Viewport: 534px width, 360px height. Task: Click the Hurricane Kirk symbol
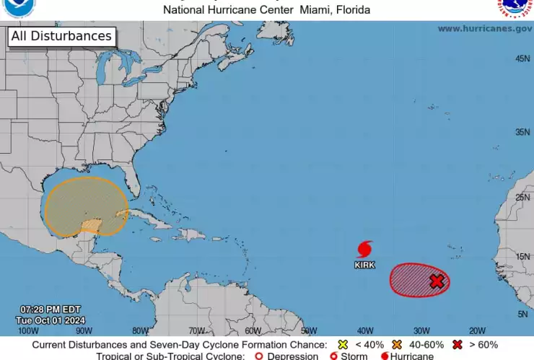click(364, 250)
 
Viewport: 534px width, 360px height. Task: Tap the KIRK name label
click(364, 265)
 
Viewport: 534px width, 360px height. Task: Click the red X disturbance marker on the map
click(437, 281)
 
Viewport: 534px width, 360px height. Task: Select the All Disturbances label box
click(61, 36)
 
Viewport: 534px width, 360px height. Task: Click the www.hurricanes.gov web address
click(484, 29)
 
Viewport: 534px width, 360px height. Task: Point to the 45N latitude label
click(522, 58)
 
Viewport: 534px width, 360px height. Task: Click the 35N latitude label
click(522, 133)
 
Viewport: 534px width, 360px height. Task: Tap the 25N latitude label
click(522, 198)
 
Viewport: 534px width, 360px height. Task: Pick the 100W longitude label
click(28, 330)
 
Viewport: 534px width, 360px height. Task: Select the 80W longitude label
click(141, 330)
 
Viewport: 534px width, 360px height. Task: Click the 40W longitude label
click(365, 330)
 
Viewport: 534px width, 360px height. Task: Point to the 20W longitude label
click(477, 330)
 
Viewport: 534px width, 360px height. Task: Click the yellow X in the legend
click(343, 345)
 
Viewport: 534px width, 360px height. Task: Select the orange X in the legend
click(398, 345)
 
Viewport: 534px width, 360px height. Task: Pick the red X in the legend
click(456, 345)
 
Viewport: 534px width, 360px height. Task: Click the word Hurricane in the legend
click(412, 356)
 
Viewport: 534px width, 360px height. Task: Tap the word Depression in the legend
click(292, 356)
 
